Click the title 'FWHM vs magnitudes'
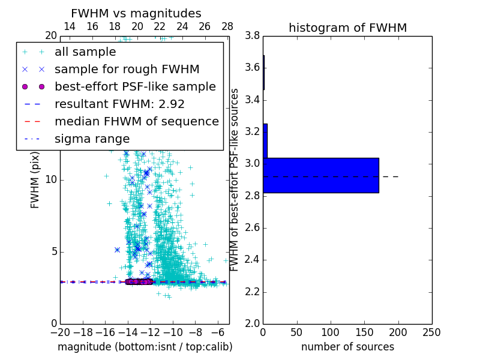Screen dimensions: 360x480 [x=136, y=13]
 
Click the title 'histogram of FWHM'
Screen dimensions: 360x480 [x=347, y=28]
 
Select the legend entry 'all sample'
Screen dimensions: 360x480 [x=85, y=52]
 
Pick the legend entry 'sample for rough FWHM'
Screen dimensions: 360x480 [x=127, y=70]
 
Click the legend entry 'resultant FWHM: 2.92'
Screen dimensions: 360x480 [x=119, y=104]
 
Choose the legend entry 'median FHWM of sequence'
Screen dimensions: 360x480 [x=136, y=122]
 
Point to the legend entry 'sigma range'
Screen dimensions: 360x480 [x=92, y=139]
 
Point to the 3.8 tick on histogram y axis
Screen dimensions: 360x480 [x=252, y=35]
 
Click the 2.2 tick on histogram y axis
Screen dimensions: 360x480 [x=252, y=292]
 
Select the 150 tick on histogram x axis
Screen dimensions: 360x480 [x=364, y=332]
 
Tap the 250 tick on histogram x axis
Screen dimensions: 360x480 [x=431, y=332]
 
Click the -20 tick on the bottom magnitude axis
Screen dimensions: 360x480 [x=60, y=332]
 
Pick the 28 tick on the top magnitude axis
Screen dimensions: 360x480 [x=227, y=26]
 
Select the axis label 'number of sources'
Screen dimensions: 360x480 [x=347, y=347]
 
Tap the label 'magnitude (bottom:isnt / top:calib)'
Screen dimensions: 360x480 [x=145, y=347]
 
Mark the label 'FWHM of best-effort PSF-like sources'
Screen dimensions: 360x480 [x=235, y=179]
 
